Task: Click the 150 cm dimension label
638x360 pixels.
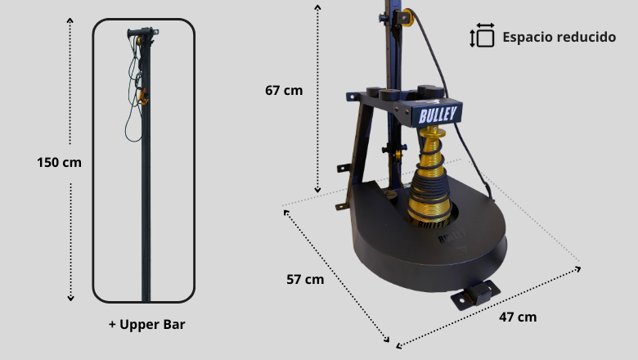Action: (x=59, y=162)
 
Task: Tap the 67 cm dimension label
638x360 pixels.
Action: (x=284, y=90)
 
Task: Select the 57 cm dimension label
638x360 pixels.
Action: (x=305, y=280)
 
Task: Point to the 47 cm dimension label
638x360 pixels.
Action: (x=518, y=317)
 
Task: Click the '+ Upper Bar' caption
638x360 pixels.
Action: (x=147, y=324)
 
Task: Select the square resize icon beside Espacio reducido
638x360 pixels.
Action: (x=482, y=35)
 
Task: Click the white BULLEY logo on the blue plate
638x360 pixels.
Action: (x=438, y=115)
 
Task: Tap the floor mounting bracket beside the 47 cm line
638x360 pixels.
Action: (x=475, y=295)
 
